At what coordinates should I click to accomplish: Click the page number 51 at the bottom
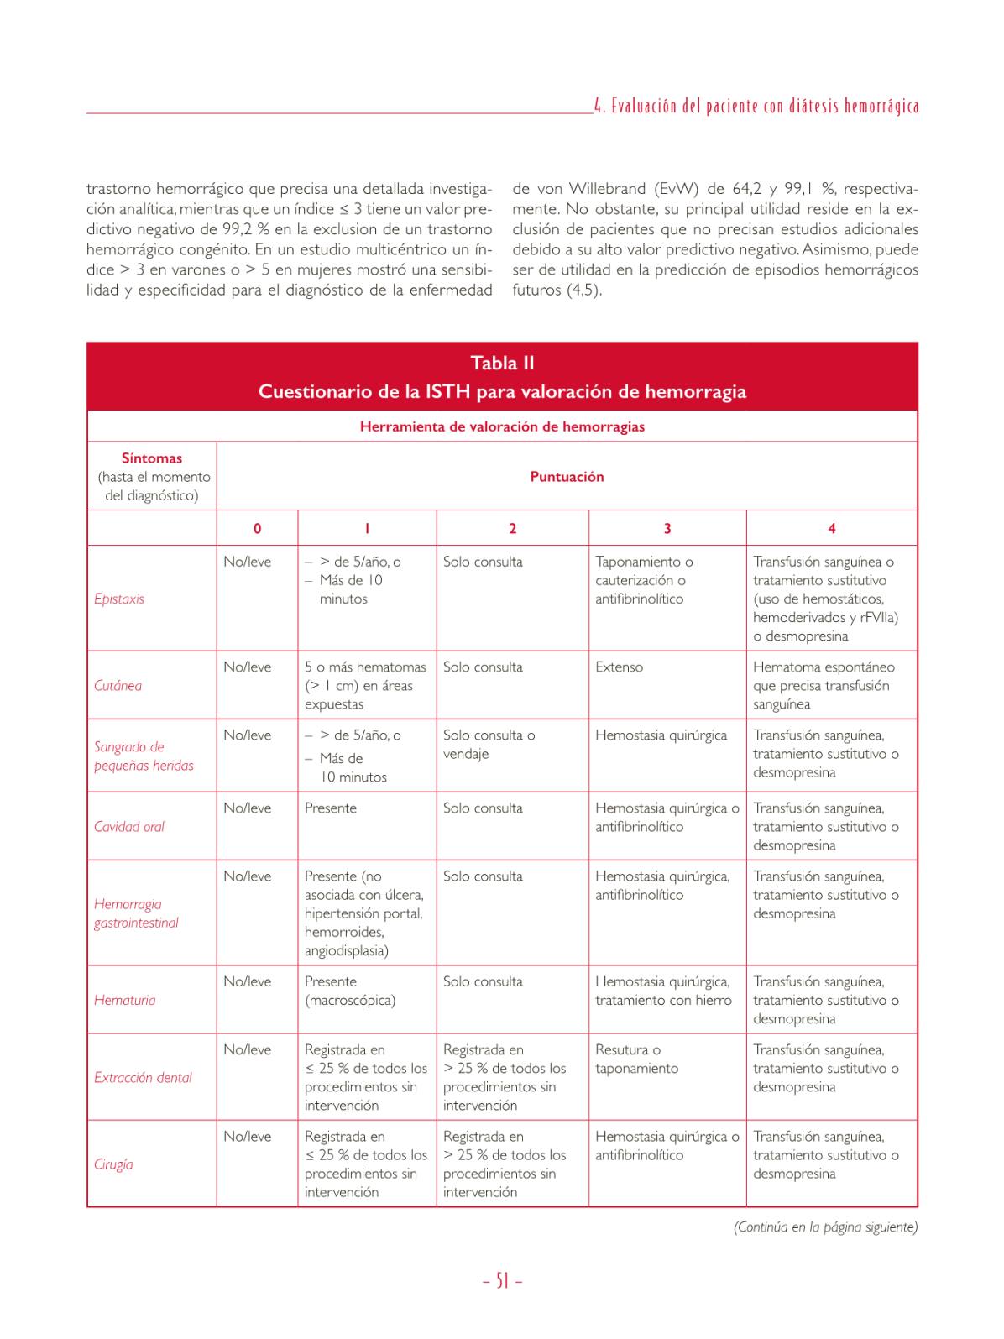[502, 1281]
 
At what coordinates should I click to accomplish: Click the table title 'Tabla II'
[502, 363]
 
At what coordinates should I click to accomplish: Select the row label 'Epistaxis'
[119, 599]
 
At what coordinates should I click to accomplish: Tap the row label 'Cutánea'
[118, 685]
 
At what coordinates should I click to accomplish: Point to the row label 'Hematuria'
[124, 1000]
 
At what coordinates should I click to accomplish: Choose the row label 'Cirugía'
[113, 1164]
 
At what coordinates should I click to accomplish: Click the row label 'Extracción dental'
[143, 1077]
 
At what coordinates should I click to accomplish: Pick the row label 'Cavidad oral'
[129, 826]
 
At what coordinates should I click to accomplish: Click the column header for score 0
[257, 528]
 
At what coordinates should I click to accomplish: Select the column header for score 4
[831, 528]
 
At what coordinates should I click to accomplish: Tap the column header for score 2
[512, 528]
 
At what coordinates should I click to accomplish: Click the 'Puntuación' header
[567, 476]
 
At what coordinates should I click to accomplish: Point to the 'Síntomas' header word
[152, 458]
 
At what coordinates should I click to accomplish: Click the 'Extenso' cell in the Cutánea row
[620, 667]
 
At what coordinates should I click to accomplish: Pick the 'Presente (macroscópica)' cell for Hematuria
[350, 991]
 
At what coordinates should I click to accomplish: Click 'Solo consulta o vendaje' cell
[489, 745]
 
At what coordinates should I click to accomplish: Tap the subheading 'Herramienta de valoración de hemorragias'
[502, 426]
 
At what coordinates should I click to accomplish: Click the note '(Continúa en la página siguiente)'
[824, 1227]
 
